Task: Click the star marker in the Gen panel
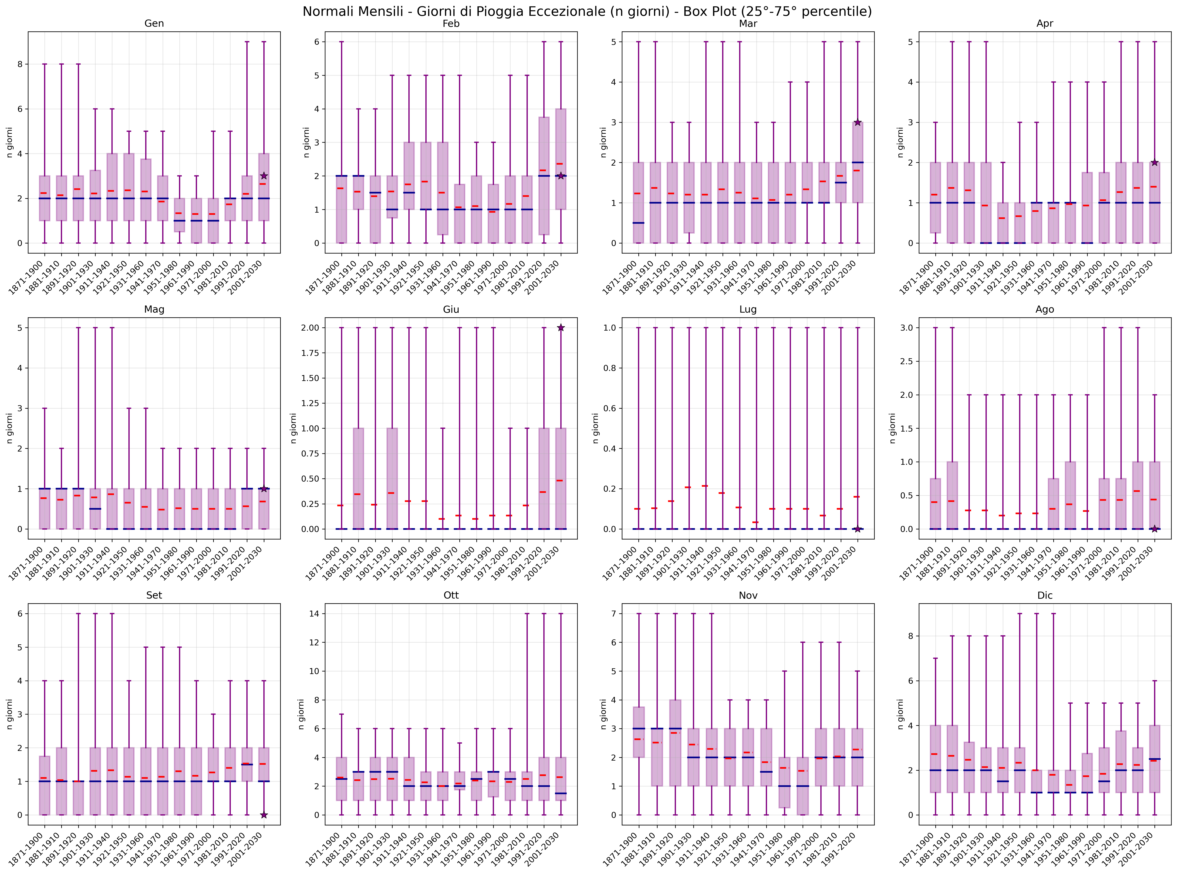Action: point(263,176)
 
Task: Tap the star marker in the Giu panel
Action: point(561,327)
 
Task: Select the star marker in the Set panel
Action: point(263,815)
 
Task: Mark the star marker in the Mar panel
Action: point(858,122)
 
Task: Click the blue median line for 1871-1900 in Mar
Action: point(638,223)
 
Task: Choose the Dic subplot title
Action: point(1045,595)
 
